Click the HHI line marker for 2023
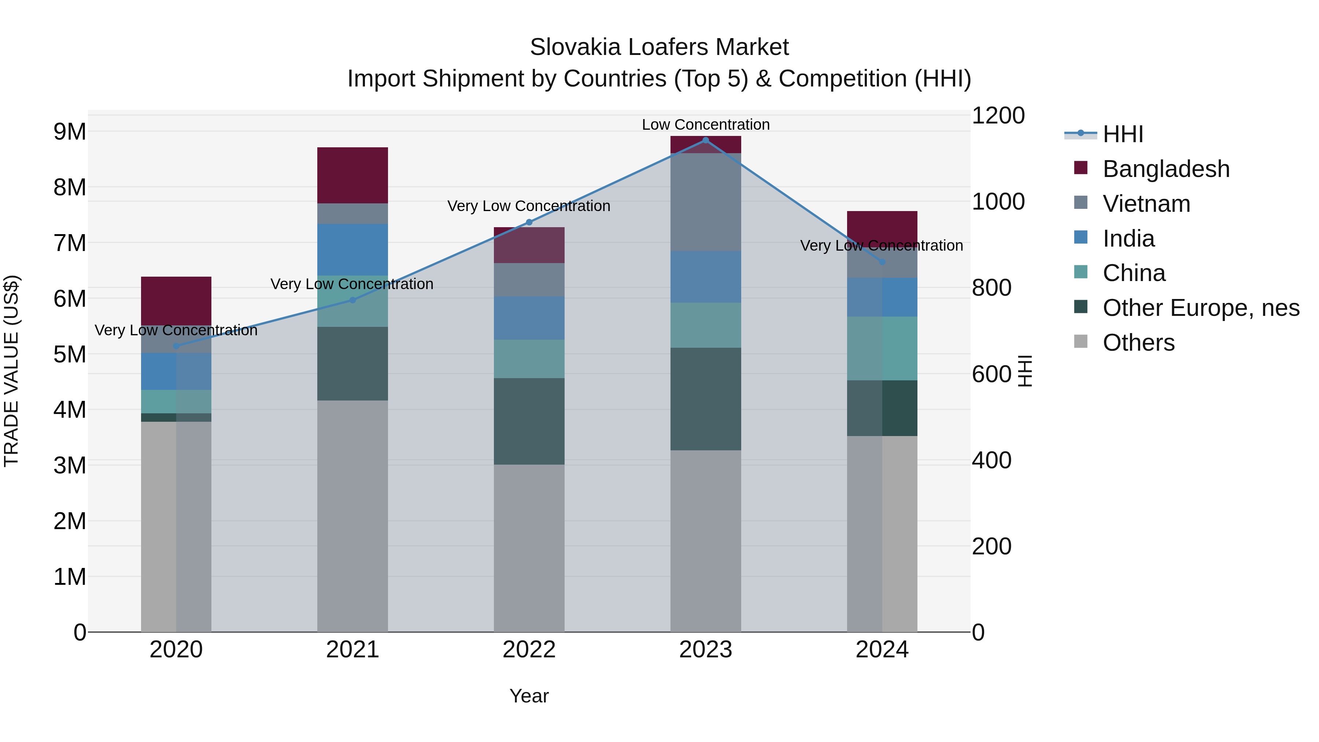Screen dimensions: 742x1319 [x=706, y=140]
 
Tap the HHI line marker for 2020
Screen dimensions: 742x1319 [x=176, y=346]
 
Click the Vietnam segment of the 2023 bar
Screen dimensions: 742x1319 [x=706, y=202]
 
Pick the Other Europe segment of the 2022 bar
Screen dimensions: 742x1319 [x=529, y=421]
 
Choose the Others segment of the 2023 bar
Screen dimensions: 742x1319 [x=706, y=541]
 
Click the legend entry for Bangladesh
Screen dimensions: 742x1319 [x=1165, y=169]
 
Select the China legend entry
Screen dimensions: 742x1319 [x=1134, y=273]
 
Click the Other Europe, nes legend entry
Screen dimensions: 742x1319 [x=1200, y=308]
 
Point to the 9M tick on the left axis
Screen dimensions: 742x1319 [x=70, y=132]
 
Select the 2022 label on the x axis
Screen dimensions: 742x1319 [x=529, y=650]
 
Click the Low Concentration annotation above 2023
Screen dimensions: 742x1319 [x=706, y=125]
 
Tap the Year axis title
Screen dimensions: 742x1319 [x=529, y=696]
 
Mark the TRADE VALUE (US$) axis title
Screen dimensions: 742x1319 [x=11, y=371]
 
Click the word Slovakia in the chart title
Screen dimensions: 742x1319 [x=575, y=47]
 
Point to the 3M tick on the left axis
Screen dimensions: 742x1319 [x=70, y=465]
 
